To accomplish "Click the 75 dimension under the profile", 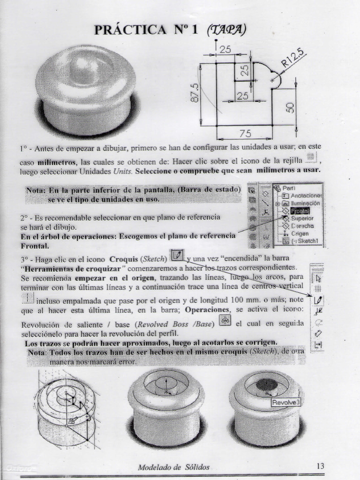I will pos(245,133).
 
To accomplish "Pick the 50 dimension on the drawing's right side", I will pos(290,107).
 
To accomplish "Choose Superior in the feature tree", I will pos(302,218).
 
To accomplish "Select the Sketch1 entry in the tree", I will pos(307,241).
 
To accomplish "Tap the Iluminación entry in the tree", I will pos(305,203).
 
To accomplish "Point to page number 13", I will pos(321,466).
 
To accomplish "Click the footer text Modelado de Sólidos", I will pos(173,467).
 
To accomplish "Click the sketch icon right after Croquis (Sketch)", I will pos(176,255).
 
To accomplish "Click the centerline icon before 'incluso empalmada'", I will pos(28,298).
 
